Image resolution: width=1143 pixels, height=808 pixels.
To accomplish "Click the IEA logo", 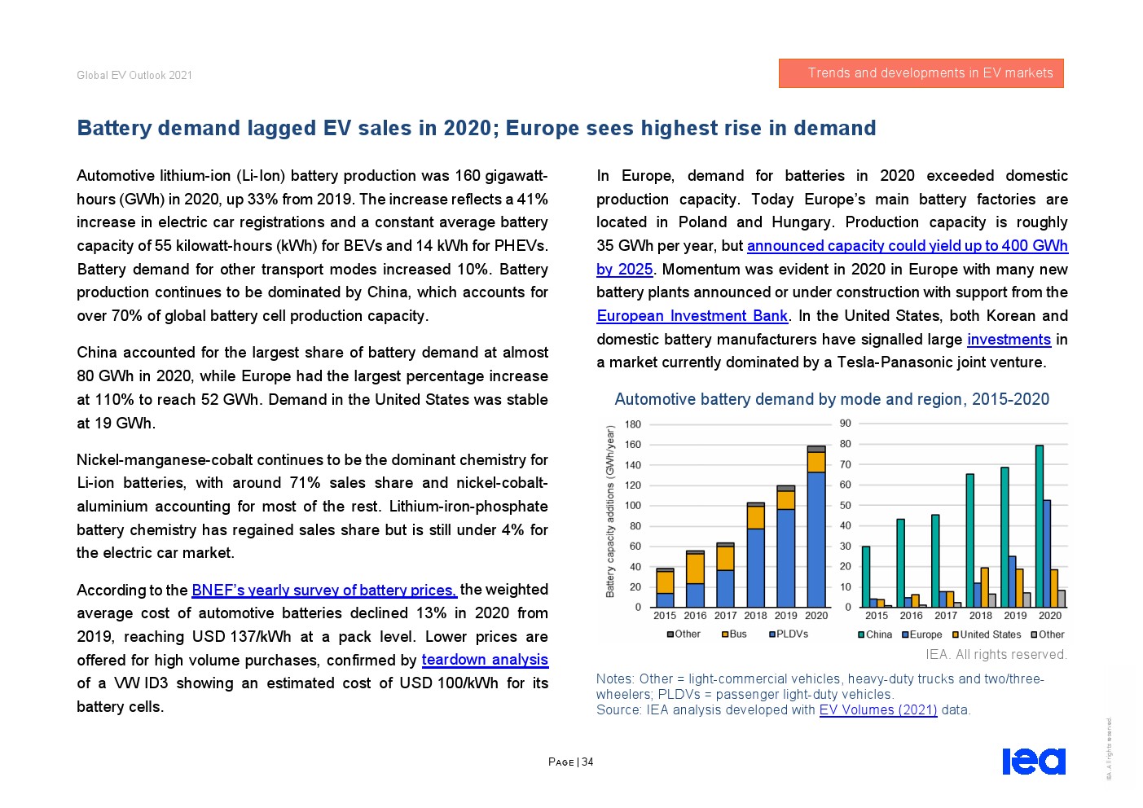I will (x=1033, y=762).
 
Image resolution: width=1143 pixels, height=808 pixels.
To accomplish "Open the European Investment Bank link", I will (x=692, y=316).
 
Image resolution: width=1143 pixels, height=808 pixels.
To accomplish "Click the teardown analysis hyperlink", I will (x=485, y=660).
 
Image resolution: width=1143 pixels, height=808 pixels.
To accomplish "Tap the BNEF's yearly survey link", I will (x=324, y=590).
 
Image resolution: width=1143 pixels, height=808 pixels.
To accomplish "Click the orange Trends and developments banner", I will (x=921, y=73).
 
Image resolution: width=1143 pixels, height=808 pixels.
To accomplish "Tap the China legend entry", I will (x=875, y=635).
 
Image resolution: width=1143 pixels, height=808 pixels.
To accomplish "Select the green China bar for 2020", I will (x=1039, y=526).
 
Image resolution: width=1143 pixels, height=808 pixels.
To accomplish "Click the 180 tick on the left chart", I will (x=633, y=424).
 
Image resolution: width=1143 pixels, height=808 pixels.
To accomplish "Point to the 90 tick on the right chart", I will (x=846, y=424).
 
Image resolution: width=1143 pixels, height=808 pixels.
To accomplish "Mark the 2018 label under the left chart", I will (x=755, y=616).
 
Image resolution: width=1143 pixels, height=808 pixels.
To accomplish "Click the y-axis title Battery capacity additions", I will (x=610, y=512).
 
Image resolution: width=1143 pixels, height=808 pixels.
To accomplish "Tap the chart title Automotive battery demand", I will (x=831, y=399).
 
